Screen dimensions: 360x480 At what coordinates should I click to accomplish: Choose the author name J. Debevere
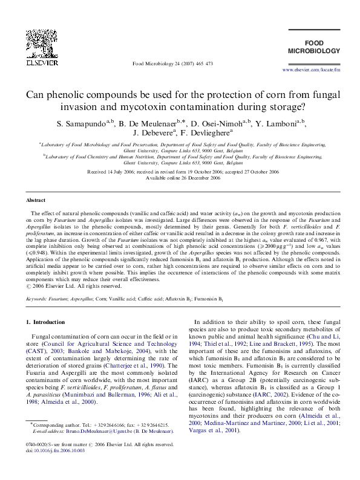tap(153, 134)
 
